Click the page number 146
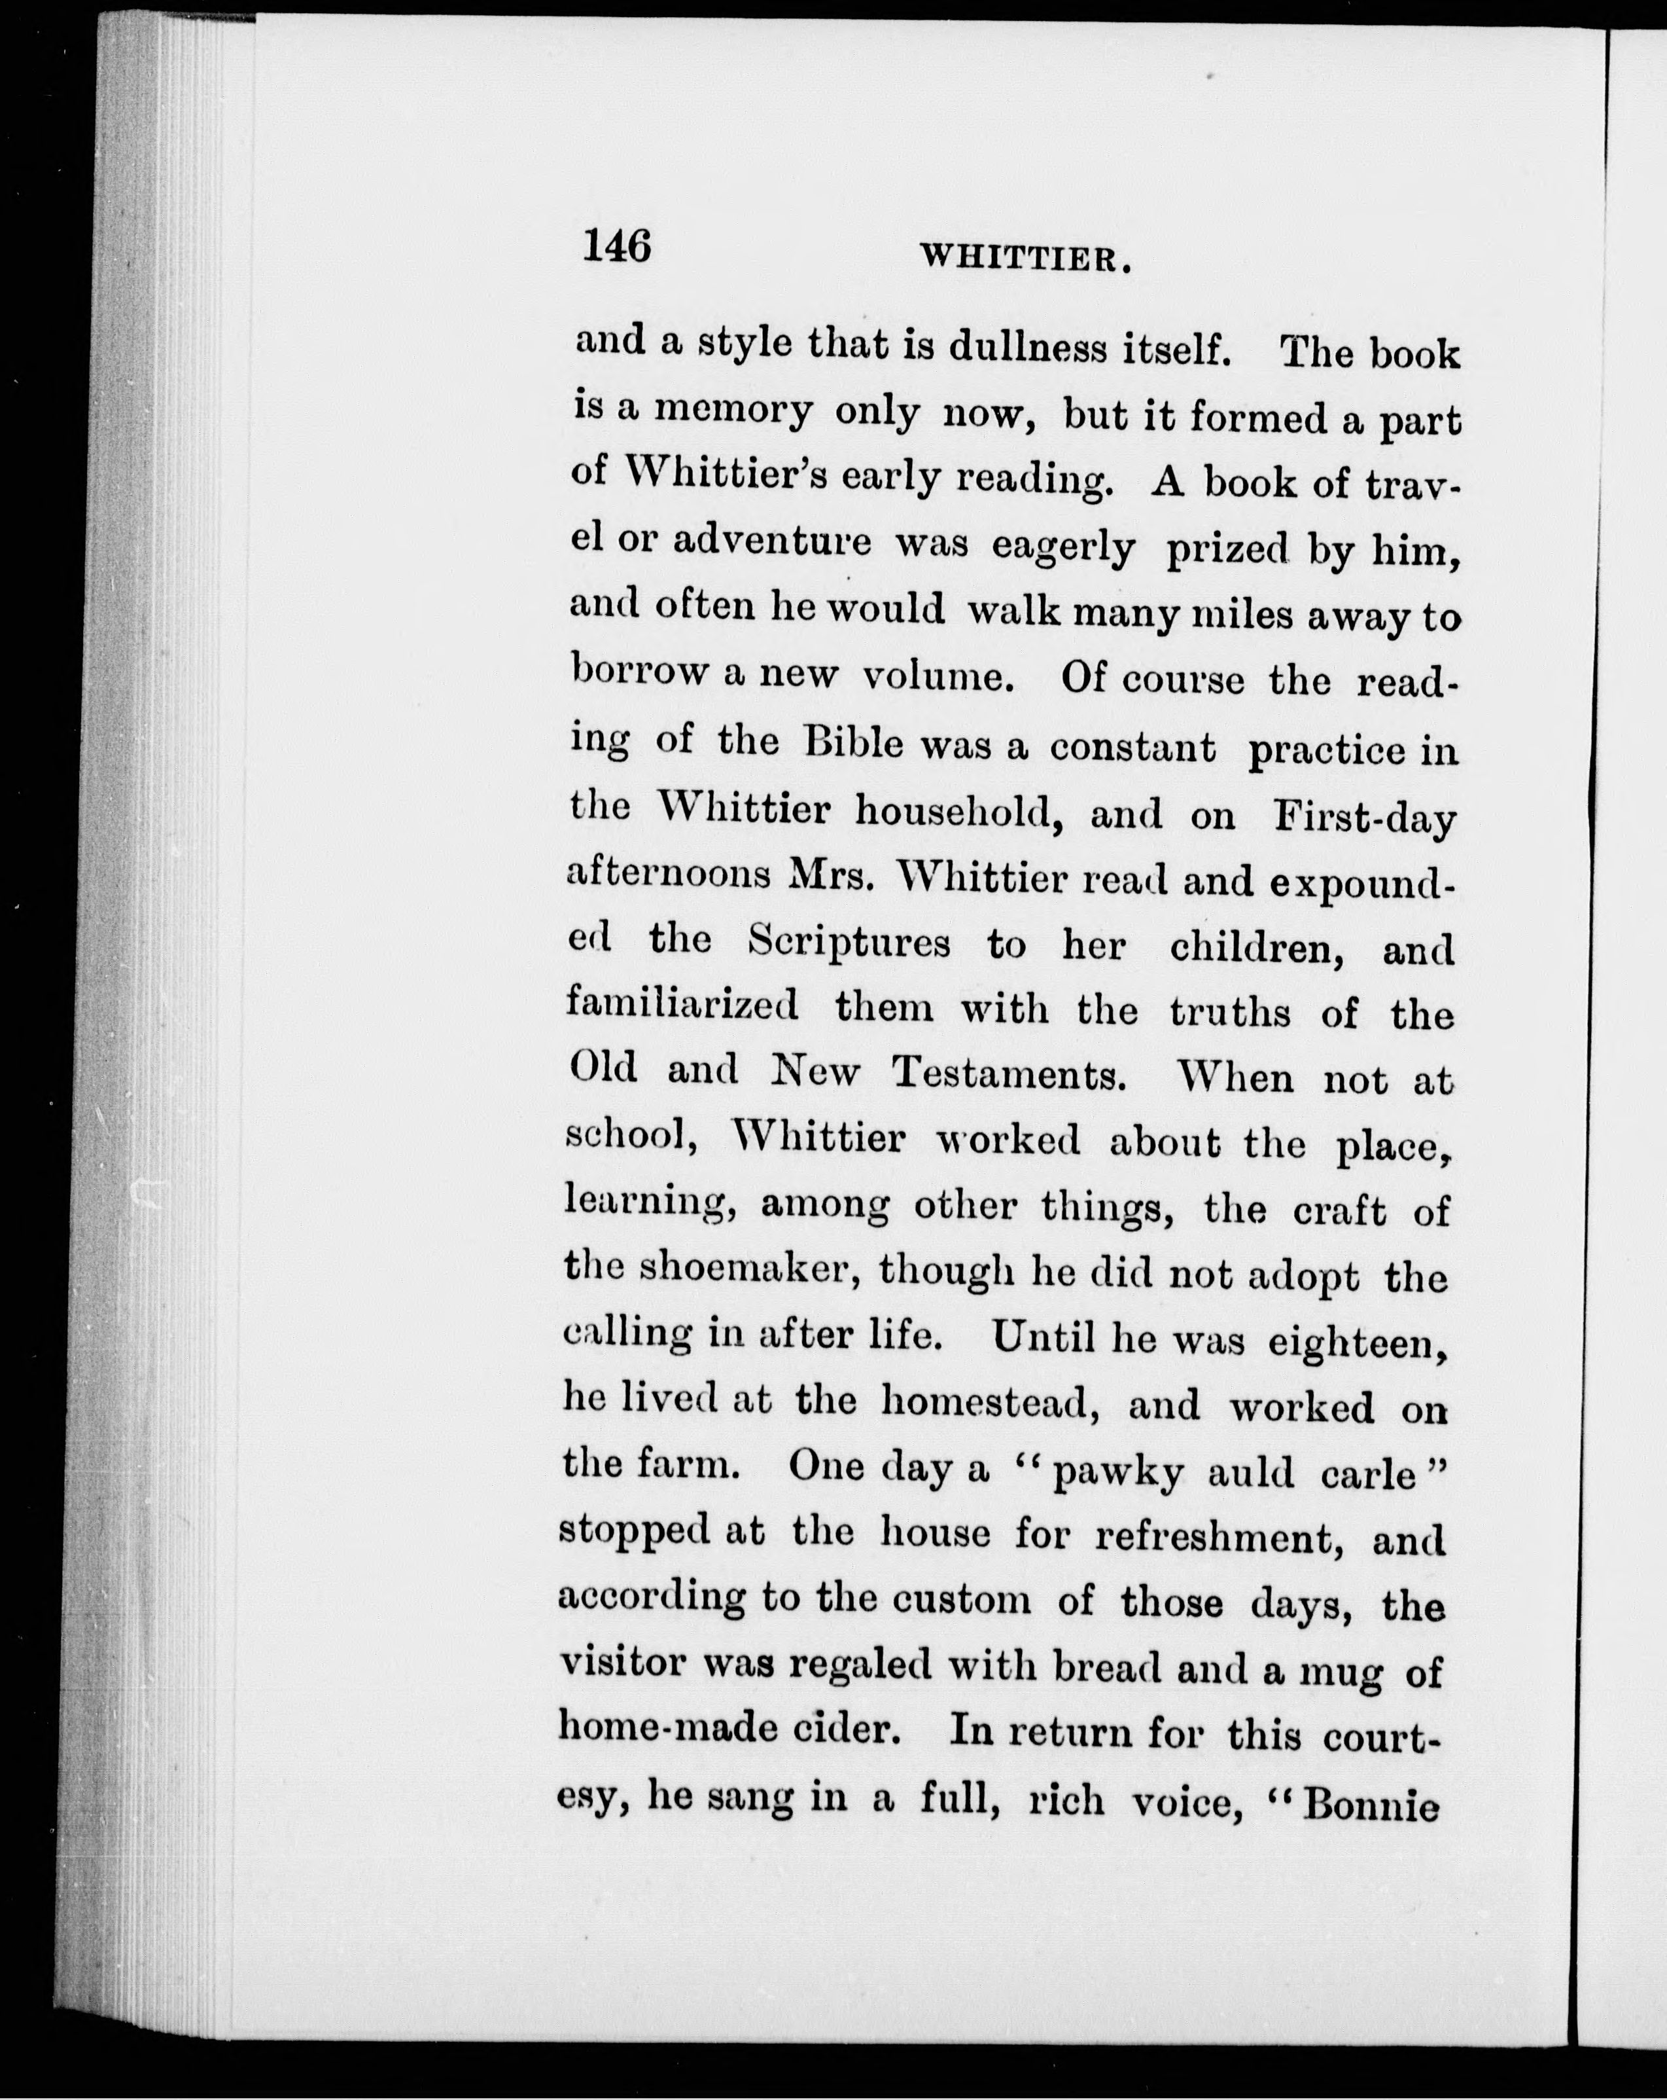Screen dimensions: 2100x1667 tap(616, 245)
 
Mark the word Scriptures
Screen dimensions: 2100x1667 tap(850, 943)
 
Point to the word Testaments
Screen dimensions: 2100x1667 tap(1009, 1074)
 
